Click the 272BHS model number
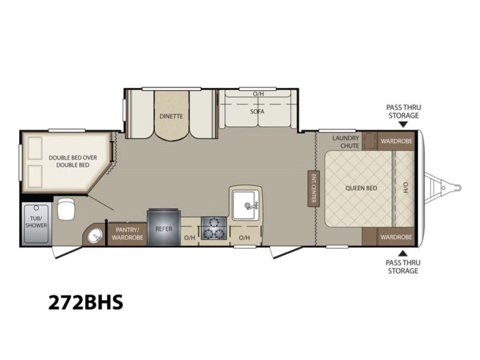point(86,302)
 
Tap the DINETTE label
point(171,116)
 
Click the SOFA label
point(257,112)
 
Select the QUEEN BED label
point(361,188)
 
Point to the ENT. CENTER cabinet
point(313,188)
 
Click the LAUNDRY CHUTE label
point(347,142)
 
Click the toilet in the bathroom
point(66,209)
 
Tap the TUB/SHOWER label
point(36,222)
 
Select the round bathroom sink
point(94,236)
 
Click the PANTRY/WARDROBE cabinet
point(127,234)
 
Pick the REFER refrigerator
point(164,227)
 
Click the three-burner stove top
point(214,228)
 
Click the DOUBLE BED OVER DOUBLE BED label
point(73,161)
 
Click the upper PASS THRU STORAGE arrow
point(403,124)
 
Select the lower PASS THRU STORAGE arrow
point(403,253)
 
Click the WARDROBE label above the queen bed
point(397,142)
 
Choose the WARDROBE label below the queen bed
point(396,237)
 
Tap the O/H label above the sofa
point(258,94)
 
